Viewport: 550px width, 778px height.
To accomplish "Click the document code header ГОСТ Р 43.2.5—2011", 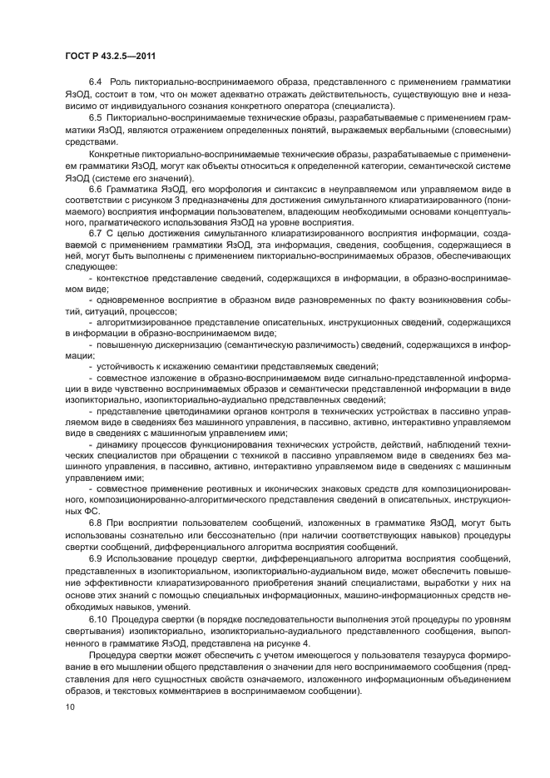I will click(x=108, y=56).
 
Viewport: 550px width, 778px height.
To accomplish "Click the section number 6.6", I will click(x=94, y=191).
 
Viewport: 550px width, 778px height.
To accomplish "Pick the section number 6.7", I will click(x=94, y=232).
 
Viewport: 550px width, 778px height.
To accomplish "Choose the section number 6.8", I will click(x=94, y=522).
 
